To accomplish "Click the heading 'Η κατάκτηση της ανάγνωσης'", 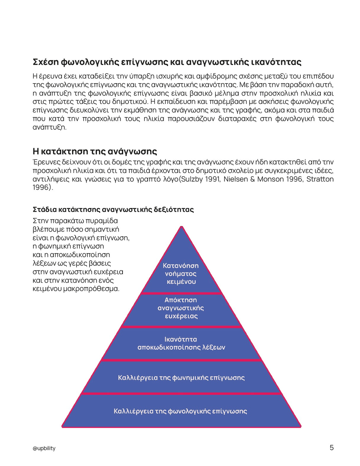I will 95,151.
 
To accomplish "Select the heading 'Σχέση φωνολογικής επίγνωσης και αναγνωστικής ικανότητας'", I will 167,62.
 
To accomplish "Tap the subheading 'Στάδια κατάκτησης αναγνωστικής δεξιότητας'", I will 113,210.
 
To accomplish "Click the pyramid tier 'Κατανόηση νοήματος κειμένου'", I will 181,273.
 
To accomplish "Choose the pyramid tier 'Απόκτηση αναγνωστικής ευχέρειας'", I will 181,308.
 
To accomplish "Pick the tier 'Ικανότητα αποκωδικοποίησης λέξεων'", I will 181,343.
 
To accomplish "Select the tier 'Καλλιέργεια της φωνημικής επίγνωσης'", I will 181,378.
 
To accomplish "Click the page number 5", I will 332,448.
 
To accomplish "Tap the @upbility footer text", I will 44,448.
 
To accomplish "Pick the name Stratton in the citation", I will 320,179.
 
